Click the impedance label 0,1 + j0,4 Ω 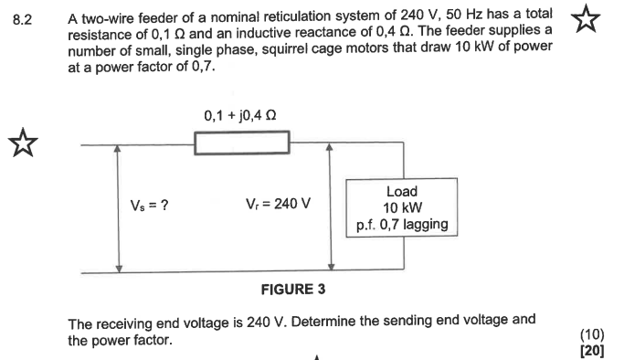(x=241, y=116)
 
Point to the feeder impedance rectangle (x=242, y=143)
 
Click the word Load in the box (x=402, y=192)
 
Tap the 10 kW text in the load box (x=402, y=207)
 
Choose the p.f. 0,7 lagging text (x=402, y=224)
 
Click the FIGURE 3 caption (x=293, y=291)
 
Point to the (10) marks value (x=591, y=334)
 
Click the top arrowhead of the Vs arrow (x=119, y=149)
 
